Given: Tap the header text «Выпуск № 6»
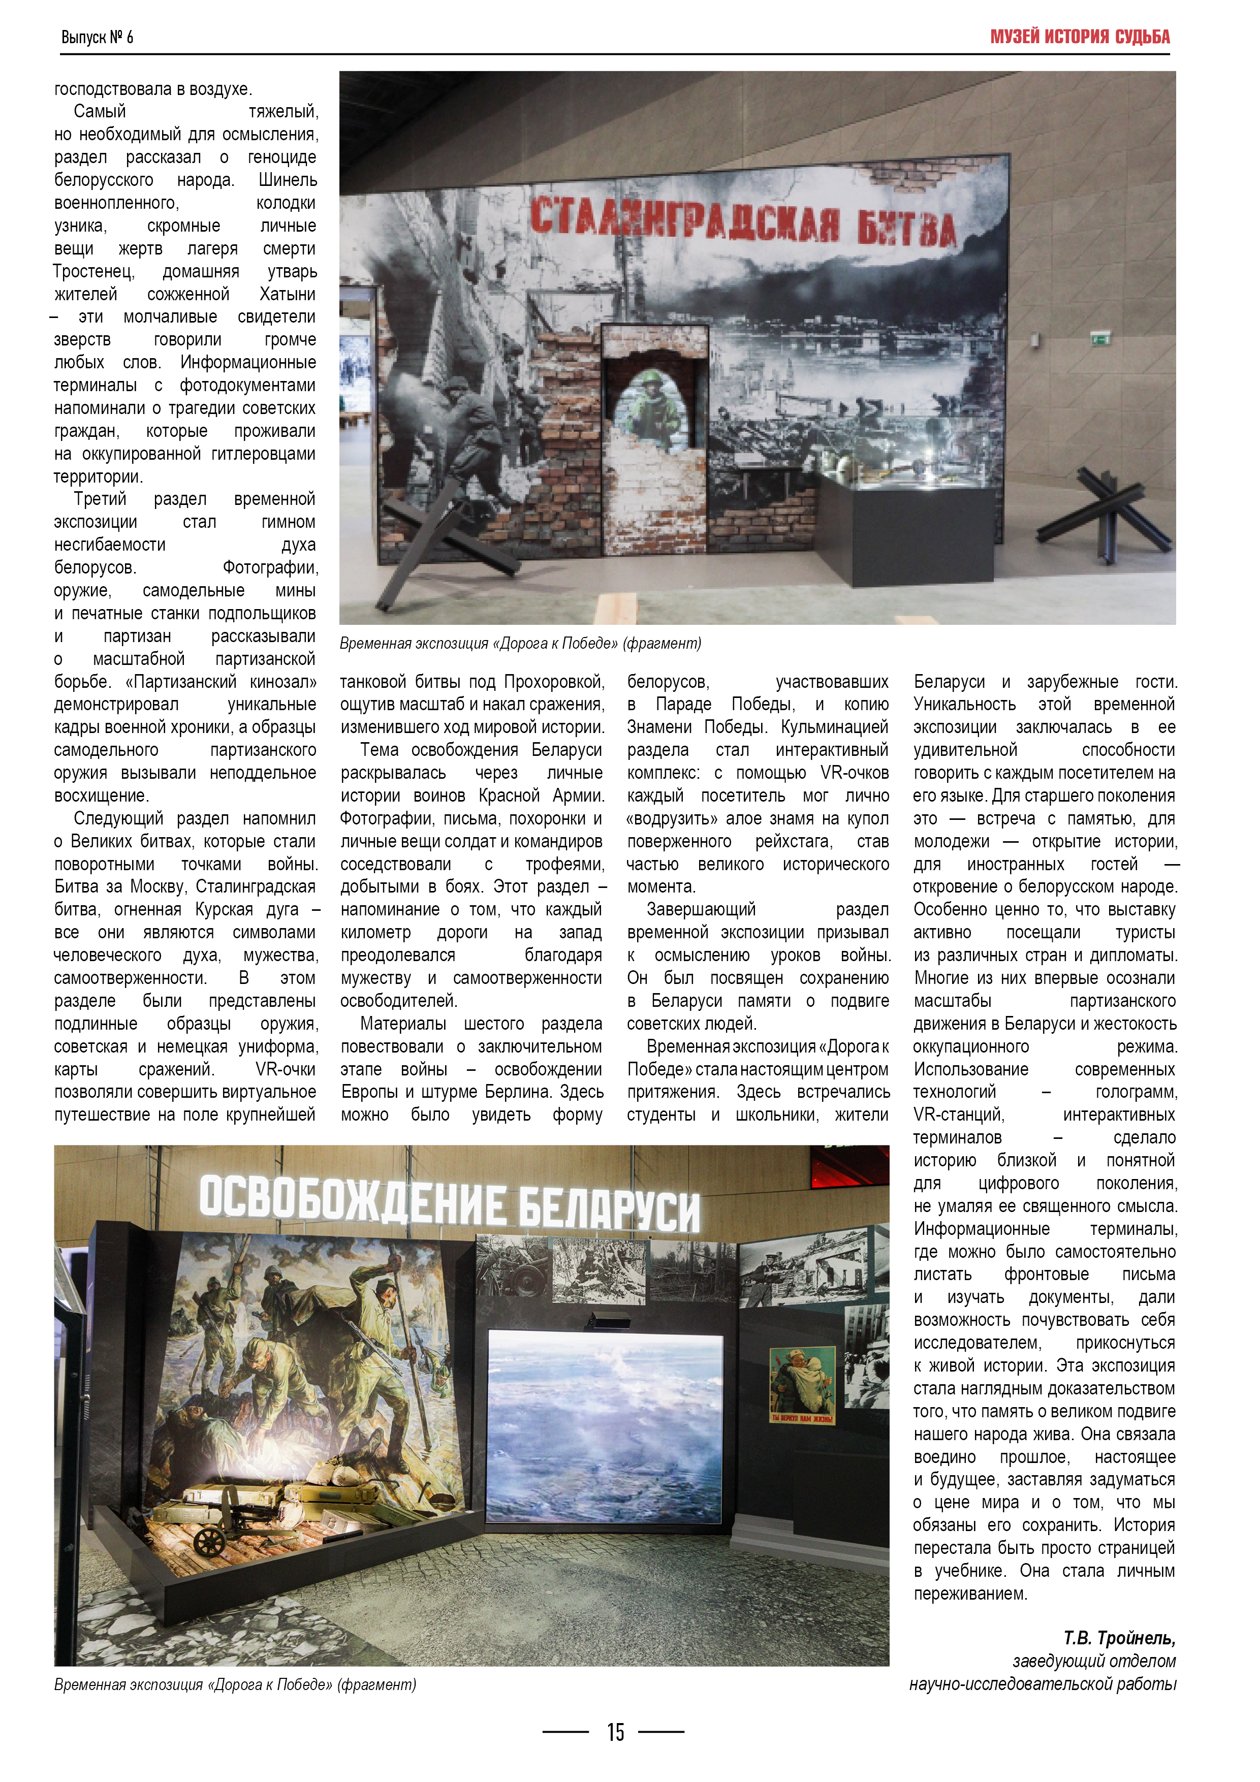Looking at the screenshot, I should (97, 37).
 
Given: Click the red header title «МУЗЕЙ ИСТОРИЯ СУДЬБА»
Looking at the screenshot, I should (1079, 37).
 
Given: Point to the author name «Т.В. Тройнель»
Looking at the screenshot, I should (1119, 1638).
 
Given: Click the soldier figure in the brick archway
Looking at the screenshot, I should (654, 407).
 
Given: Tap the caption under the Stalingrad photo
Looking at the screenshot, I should (520, 644).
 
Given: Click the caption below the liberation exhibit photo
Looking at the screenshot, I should (234, 1685).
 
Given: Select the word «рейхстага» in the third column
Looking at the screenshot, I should (794, 841).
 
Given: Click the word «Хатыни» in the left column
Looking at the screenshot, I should (287, 294).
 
